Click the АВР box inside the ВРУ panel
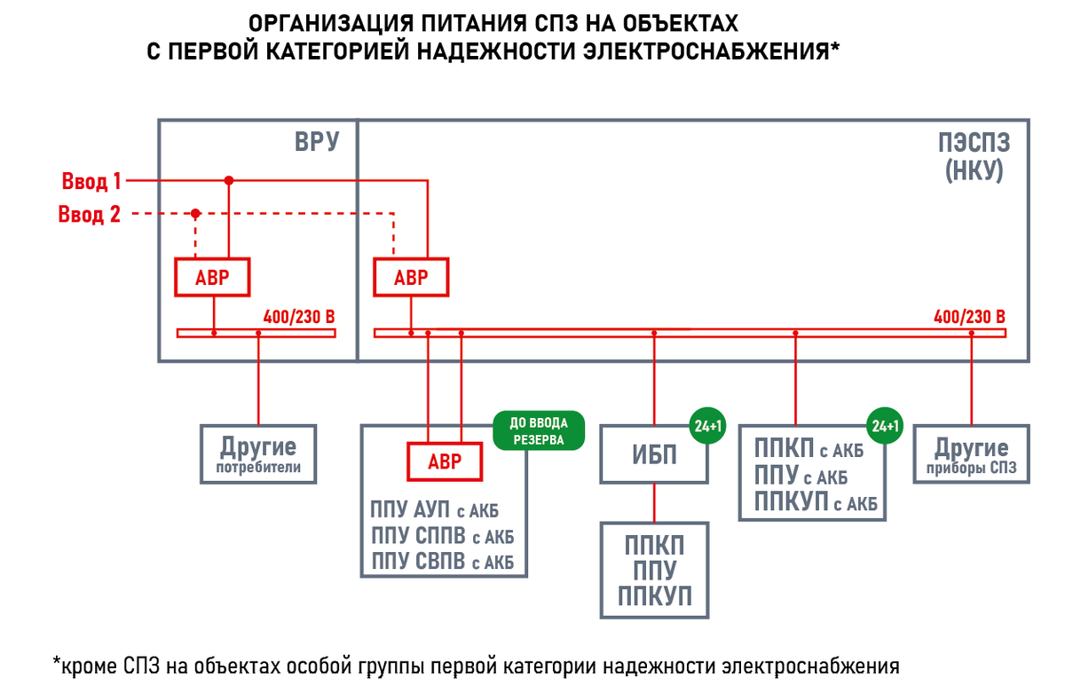coord(212,277)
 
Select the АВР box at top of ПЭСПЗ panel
coord(410,277)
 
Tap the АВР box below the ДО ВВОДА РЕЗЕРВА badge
coord(445,461)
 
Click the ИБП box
coord(655,455)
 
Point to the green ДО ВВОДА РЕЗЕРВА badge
coord(540,430)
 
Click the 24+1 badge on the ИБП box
coord(708,426)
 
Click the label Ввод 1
coord(91,182)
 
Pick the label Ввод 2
coord(90,215)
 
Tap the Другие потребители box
coord(258,453)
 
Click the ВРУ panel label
coord(317,141)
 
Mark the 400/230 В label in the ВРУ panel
coord(298,317)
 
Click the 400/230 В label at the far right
coord(969,317)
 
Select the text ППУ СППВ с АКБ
coord(442,536)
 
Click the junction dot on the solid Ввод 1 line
coord(229,180)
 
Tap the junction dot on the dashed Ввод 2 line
coord(195,214)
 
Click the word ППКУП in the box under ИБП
coord(655,595)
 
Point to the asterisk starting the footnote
coord(57,662)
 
